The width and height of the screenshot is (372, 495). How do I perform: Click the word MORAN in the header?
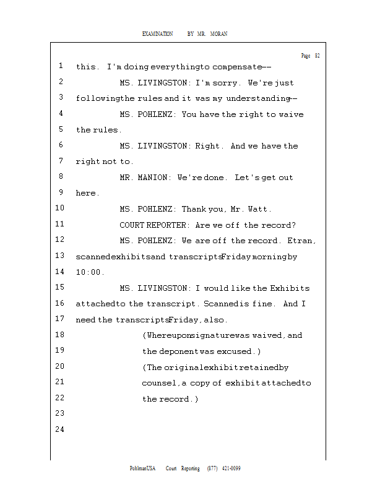[218, 33]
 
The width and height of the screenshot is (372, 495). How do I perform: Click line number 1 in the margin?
[61, 66]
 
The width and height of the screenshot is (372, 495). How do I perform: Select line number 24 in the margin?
[61, 429]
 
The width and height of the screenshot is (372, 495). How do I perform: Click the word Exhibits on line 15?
[290, 288]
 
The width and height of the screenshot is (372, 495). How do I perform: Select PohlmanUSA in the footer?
[142, 468]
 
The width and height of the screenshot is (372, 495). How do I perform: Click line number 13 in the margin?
[61, 256]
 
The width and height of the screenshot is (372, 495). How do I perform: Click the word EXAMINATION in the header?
[157, 33]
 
